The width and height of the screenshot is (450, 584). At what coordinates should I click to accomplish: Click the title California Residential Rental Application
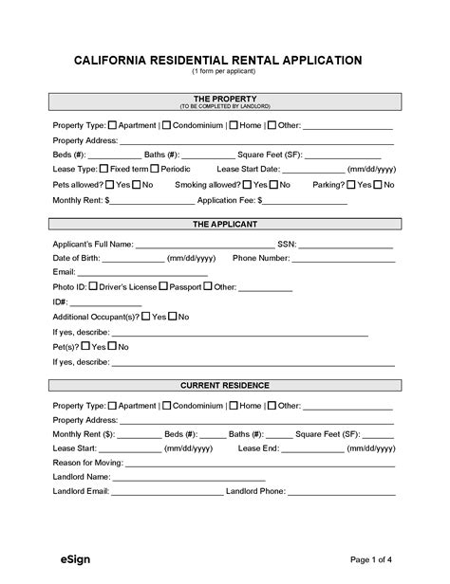[225, 60]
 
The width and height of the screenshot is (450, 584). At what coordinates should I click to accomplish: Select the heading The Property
[225, 98]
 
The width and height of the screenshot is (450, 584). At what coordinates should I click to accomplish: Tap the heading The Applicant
[225, 225]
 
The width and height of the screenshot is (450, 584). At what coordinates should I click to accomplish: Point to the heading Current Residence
[225, 385]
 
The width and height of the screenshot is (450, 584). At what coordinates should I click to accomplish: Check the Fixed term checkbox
[104, 168]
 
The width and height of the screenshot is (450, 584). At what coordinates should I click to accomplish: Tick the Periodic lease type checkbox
[155, 168]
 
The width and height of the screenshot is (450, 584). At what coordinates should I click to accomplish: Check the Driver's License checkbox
[93, 285]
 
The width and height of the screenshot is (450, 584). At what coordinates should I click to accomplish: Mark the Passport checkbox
[163, 285]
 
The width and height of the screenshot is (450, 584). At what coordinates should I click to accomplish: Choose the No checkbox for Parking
[378, 184]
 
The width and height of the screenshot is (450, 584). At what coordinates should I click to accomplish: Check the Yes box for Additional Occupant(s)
[146, 316]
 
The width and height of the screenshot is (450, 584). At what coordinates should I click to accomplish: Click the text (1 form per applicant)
[225, 72]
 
